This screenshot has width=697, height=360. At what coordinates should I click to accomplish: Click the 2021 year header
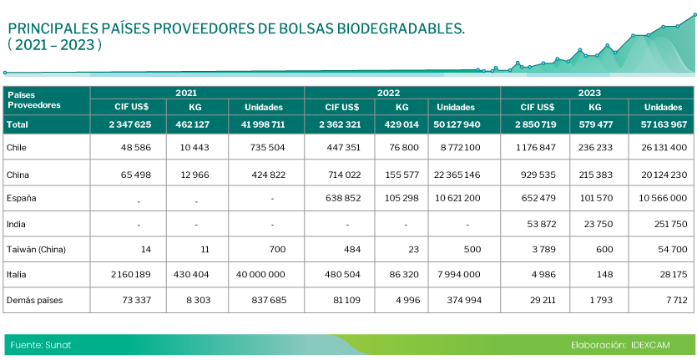pyautogui.click(x=197, y=93)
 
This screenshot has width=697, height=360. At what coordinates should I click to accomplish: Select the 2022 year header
pyautogui.click(x=402, y=93)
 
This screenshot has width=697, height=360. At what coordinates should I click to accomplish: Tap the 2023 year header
pyautogui.click(x=597, y=93)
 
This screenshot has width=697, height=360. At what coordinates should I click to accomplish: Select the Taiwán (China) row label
pyautogui.click(x=35, y=249)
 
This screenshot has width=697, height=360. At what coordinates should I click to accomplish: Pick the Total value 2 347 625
pyautogui.click(x=129, y=124)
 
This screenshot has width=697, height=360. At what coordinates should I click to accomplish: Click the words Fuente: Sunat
pyautogui.click(x=41, y=344)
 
